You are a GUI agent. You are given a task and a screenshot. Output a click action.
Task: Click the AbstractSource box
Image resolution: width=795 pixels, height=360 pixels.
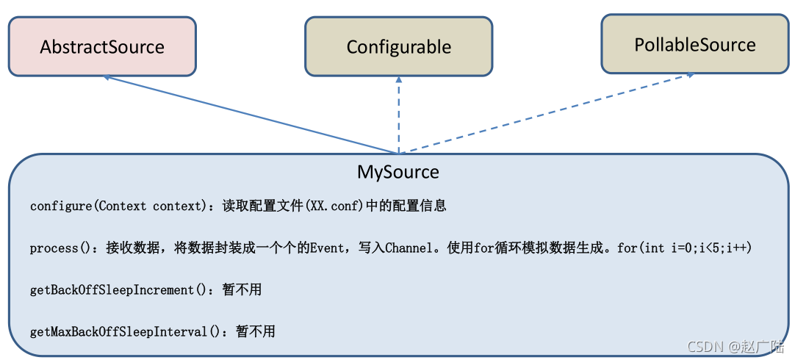click(x=102, y=47)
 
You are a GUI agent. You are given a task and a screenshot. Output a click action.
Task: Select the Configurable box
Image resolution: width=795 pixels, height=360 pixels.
click(x=399, y=47)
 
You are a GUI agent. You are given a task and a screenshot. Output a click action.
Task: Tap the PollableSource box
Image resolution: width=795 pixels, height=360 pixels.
click(x=694, y=44)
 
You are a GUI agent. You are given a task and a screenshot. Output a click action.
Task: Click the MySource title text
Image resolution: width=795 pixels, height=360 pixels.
click(x=398, y=172)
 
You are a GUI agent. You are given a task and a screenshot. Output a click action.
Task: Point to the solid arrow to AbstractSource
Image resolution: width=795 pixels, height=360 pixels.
click(x=250, y=114)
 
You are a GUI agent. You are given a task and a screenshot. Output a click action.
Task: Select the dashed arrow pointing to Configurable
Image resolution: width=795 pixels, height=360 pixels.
click(x=399, y=118)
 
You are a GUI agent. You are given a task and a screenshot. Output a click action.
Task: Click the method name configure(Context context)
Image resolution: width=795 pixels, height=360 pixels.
click(x=116, y=206)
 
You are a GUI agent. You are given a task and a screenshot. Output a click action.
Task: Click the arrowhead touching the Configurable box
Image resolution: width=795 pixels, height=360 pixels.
click(x=399, y=79)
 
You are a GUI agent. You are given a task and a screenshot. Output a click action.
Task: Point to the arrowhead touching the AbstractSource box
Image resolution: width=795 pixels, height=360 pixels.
click(x=108, y=76)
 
